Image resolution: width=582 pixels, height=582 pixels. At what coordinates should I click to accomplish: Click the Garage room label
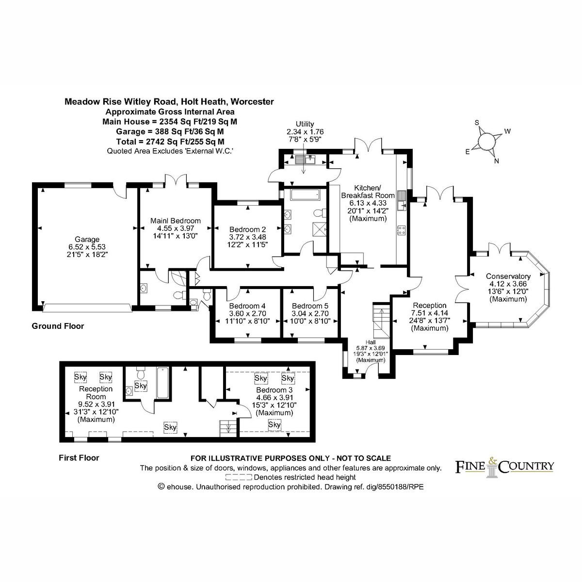[87, 239]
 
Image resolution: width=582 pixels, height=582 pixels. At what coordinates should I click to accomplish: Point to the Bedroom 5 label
[310, 306]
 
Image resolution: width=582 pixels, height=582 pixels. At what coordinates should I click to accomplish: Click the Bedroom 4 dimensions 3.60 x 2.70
[247, 313]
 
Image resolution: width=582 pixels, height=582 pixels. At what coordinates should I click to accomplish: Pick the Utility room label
[305, 124]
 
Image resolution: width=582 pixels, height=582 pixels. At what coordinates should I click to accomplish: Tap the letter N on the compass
[496, 162]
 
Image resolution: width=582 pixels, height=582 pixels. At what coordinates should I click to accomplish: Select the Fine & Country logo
[504, 467]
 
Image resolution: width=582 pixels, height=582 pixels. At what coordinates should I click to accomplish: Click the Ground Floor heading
[58, 326]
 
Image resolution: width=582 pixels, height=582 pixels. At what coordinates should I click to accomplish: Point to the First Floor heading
[79, 457]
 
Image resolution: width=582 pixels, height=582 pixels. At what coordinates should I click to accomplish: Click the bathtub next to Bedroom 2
[305, 195]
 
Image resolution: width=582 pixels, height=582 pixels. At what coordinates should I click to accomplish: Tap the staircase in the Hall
[381, 321]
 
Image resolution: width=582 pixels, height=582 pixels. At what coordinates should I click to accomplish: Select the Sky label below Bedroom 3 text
[275, 425]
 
